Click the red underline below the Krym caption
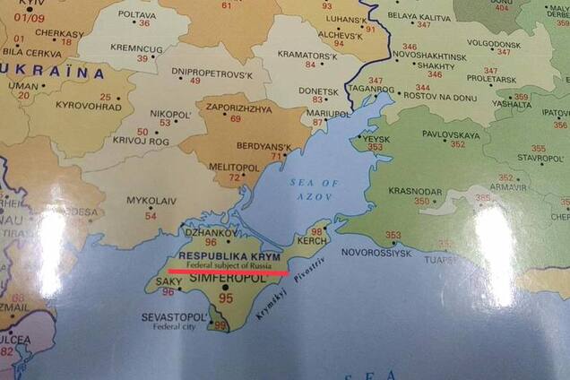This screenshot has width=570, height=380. [229, 272]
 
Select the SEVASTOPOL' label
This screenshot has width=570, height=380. [176, 317]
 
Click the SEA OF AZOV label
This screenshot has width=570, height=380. [314, 189]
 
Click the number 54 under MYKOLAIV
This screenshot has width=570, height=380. [151, 215]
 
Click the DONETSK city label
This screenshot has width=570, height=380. [320, 91]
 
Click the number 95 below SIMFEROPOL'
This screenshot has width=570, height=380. [226, 298]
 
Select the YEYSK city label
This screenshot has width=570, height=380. [375, 139]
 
